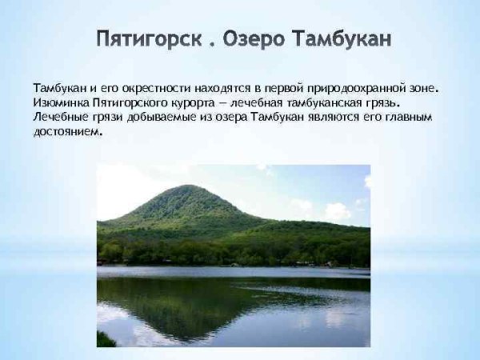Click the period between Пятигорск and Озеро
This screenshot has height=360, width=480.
point(211,44)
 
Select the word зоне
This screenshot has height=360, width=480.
point(425,87)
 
